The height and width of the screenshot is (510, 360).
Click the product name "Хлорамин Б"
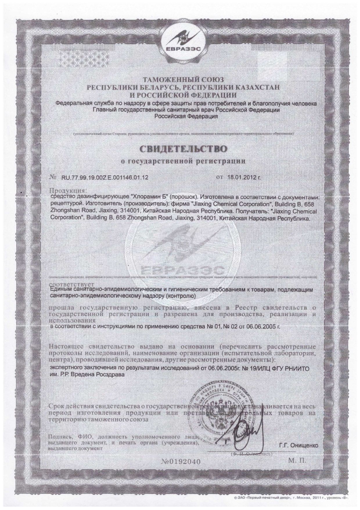pyautogui.click(x=151, y=197)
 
